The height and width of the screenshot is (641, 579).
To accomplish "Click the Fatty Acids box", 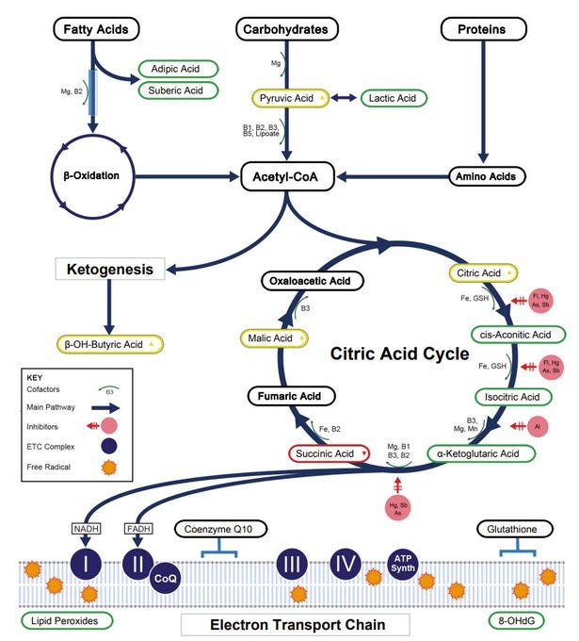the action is (x=96, y=29).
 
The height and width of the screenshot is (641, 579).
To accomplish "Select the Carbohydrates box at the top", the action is (x=287, y=29).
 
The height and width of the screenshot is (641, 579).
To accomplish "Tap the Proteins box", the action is (x=484, y=29).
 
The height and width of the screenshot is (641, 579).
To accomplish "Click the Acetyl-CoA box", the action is (x=287, y=176).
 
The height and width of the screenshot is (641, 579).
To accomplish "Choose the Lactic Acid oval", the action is (x=394, y=98).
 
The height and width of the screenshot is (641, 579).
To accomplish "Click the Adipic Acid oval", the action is (x=179, y=69).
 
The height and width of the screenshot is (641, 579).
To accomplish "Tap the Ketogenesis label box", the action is (x=110, y=269).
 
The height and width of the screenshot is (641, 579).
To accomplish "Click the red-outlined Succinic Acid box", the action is (x=329, y=453).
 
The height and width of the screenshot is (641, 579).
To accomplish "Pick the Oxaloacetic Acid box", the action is (x=312, y=281).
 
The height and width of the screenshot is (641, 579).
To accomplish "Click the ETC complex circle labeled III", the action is (x=292, y=565).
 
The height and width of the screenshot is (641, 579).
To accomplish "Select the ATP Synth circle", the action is (x=403, y=565).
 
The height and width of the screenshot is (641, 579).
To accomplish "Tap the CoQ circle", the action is (x=166, y=578).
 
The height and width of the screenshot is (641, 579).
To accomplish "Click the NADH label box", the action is (x=87, y=529).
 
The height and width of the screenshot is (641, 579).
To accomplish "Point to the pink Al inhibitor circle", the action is (x=538, y=426).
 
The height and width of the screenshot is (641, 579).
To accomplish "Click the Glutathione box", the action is (x=515, y=529).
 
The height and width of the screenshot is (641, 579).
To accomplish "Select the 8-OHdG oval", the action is (x=517, y=620).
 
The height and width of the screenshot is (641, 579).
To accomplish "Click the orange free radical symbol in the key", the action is (x=109, y=468).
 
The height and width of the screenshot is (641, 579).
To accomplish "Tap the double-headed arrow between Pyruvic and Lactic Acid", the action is (x=344, y=98).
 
